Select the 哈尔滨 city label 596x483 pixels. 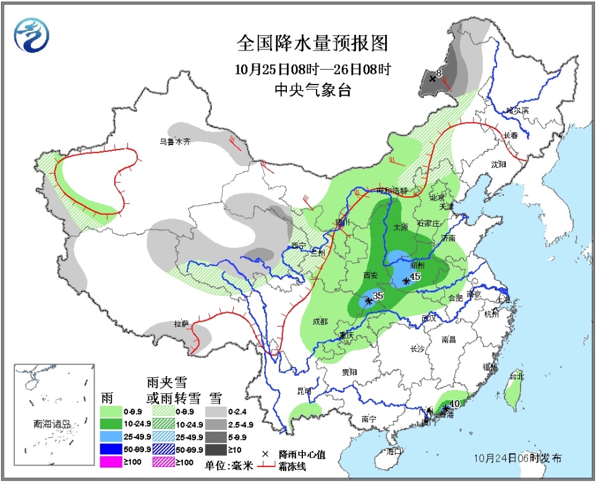[x=517, y=110]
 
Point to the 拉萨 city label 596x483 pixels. [x=181, y=324]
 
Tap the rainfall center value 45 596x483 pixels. [x=415, y=277]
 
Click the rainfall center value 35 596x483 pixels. [x=378, y=296]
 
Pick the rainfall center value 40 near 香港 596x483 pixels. [x=454, y=404]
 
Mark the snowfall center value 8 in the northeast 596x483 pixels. [x=438, y=74]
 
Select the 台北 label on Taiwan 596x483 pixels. [x=516, y=376]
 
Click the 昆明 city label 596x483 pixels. [x=304, y=391]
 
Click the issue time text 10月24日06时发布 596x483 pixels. [x=518, y=458]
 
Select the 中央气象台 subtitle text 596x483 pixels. [x=313, y=91]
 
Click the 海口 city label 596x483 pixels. [x=394, y=451]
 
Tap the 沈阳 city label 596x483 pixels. [x=498, y=164]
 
